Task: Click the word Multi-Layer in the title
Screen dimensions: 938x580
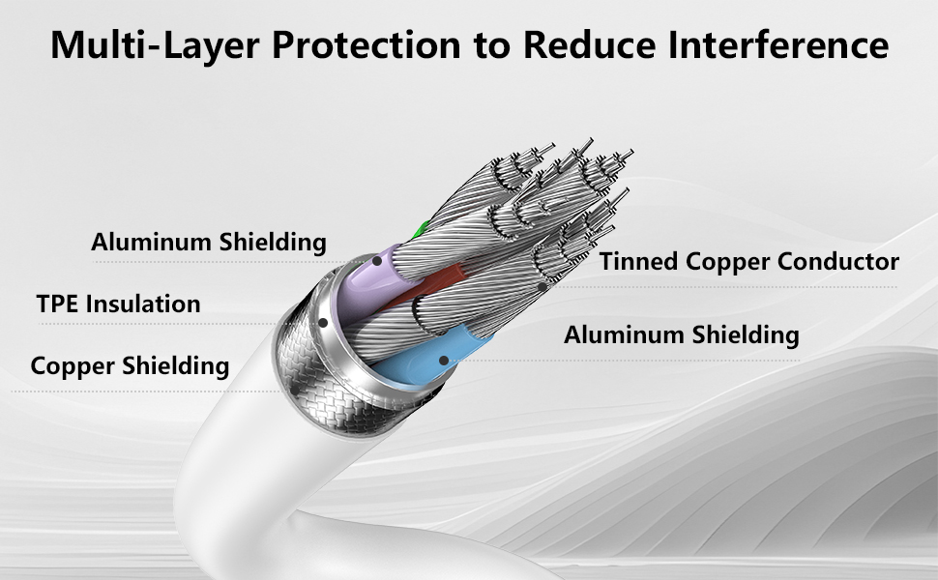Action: coord(155,44)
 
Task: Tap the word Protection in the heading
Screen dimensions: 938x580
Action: coord(366,44)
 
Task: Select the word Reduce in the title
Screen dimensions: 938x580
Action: coord(590,44)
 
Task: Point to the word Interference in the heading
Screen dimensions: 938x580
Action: coord(778,44)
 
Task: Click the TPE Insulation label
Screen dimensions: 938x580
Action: coord(118,304)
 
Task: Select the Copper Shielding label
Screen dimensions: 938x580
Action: coord(130,366)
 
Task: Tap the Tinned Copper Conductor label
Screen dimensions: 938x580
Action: coord(749,261)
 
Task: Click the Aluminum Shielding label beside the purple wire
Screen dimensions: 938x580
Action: coord(209,243)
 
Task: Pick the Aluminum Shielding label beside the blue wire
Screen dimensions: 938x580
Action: coord(682,334)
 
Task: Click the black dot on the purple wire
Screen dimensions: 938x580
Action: coord(377,261)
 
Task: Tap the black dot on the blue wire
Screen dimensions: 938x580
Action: coord(443,361)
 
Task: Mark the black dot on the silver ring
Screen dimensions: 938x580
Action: coord(323,323)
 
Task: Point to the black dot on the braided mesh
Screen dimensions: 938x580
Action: coord(295,391)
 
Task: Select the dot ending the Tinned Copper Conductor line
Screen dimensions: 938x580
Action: coord(542,287)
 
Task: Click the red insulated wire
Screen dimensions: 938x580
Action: coord(427,286)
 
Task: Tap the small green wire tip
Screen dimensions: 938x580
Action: coord(422,228)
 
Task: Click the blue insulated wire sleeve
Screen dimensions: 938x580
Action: coord(427,358)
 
